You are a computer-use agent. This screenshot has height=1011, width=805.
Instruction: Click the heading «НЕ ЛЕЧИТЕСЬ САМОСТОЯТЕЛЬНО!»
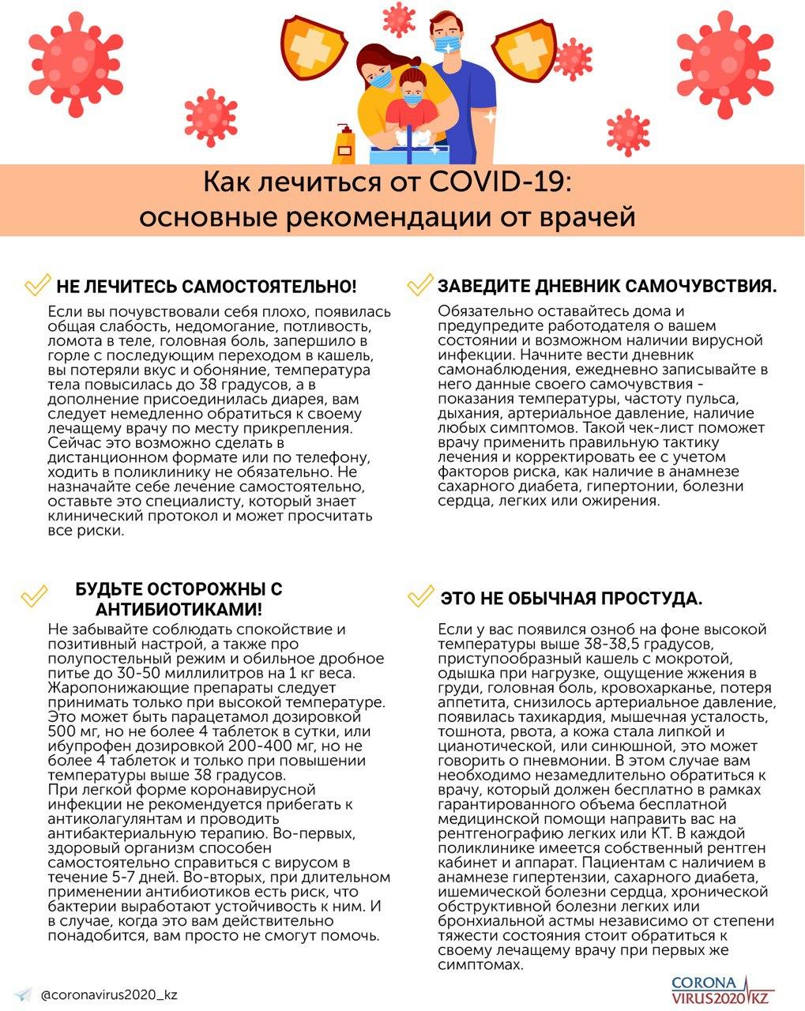[x=206, y=286]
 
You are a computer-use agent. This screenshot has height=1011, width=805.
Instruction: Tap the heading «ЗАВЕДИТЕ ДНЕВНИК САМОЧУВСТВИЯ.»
[x=607, y=286]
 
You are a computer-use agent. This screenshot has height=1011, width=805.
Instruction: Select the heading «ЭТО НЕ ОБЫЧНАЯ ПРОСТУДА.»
[x=571, y=599]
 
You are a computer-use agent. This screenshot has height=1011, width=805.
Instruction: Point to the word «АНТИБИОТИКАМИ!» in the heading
[x=179, y=611]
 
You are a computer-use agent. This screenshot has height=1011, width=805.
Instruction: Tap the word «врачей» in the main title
[x=589, y=216]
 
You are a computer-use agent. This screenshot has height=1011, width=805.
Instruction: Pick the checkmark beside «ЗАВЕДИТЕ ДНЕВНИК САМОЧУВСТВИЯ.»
[x=419, y=284]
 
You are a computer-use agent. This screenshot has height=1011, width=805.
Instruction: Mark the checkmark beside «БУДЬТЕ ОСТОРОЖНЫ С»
[x=33, y=596]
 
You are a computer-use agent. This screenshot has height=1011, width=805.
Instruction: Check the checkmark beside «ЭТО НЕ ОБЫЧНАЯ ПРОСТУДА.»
[x=419, y=596]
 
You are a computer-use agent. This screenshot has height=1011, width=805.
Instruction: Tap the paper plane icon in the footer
[x=24, y=994]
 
